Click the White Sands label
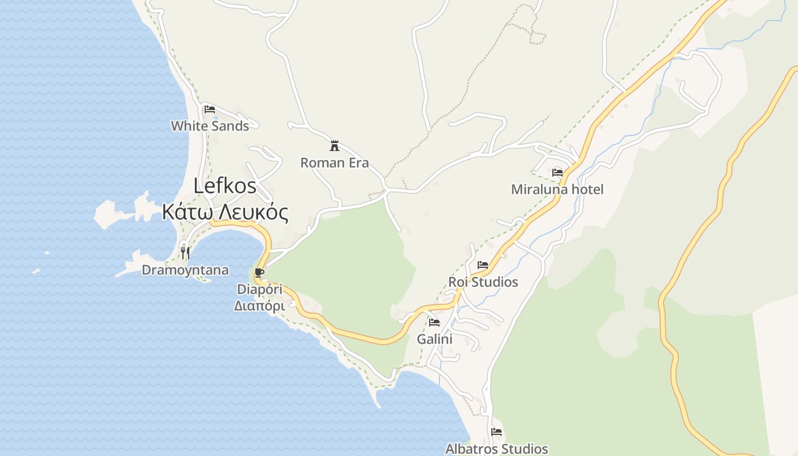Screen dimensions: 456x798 pyautogui.click(x=210, y=126)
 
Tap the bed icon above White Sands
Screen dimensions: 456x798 pyautogui.click(x=210, y=109)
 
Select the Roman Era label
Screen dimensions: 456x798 pyautogui.click(x=335, y=163)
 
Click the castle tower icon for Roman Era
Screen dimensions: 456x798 pyautogui.click(x=335, y=145)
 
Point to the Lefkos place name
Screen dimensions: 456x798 pyautogui.click(x=225, y=186)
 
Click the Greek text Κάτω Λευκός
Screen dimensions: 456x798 pyautogui.click(x=225, y=212)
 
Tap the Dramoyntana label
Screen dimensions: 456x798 pyautogui.click(x=185, y=270)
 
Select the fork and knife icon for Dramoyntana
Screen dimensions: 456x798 pyautogui.click(x=185, y=252)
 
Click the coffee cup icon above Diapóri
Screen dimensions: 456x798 pyautogui.click(x=259, y=272)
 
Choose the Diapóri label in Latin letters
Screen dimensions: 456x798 pyautogui.click(x=260, y=290)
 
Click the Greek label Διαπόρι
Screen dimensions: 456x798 pyautogui.click(x=260, y=306)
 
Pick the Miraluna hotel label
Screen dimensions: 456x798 pyautogui.click(x=557, y=189)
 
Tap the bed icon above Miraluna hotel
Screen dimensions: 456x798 pyautogui.click(x=557, y=172)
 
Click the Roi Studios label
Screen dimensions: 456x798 pyautogui.click(x=483, y=282)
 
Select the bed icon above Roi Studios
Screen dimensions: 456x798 pyautogui.click(x=483, y=265)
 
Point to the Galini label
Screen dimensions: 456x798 pyautogui.click(x=434, y=339)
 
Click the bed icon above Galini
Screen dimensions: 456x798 pyautogui.click(x=434, y=323)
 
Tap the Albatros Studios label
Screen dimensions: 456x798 pyautogui.click(x=496, y=449)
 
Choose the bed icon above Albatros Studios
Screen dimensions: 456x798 pyautogui.click(x=496, y=432)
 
